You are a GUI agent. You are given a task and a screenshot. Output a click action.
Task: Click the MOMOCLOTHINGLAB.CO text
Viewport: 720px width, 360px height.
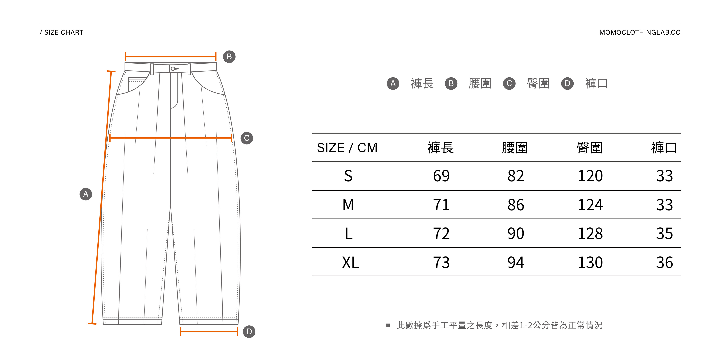point(640,32)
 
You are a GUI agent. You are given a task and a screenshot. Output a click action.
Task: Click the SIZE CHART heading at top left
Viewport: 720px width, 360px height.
point(63,32)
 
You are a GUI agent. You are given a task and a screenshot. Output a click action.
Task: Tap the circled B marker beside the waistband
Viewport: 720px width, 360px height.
point(229,57)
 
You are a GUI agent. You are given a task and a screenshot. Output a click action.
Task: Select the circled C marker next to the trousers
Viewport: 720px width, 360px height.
point(247,138)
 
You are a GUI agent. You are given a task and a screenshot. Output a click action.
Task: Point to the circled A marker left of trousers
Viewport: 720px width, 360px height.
point(86,194)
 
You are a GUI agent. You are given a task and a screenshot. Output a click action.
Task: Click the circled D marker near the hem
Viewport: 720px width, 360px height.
point(249,332)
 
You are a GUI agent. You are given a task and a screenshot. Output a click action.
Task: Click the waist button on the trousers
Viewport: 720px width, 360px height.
point(173,69)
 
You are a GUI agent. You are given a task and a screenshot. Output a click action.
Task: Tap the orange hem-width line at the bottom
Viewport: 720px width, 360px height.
point(209,331)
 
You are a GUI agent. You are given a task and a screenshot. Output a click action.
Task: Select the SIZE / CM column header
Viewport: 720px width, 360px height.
point(347,148)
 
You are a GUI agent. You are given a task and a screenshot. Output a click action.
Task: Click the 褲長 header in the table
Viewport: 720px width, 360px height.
point(441,148)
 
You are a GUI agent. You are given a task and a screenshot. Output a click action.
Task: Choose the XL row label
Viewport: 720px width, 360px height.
point(350,262)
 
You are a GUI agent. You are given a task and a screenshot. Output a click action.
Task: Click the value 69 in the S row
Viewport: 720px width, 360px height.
point(441,176)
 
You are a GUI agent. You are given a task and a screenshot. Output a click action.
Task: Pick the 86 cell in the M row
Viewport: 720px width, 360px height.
point(516,205)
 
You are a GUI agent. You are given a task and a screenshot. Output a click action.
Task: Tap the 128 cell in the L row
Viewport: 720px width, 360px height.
point(590,233)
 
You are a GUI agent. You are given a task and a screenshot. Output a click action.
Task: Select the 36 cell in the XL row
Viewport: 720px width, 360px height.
point(664,262)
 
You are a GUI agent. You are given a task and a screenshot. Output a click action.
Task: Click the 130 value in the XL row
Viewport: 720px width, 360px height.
point(590,262)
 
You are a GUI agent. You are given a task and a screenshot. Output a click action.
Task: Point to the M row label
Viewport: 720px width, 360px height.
point(348,205)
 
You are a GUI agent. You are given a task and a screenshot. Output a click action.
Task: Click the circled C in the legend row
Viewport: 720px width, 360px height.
point(509,83)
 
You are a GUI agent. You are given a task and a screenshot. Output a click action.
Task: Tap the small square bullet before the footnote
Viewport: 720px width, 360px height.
point(388,325)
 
